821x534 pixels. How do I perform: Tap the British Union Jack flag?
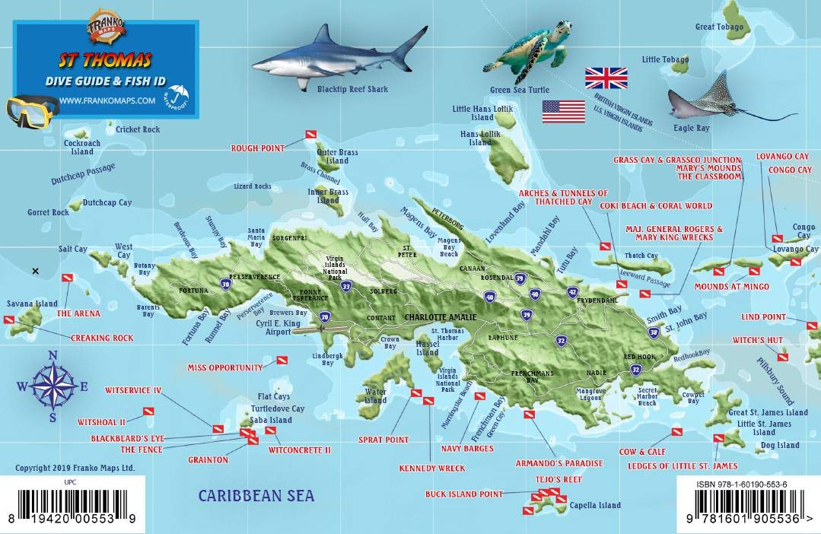point(606,78)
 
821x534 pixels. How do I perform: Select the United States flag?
point(563,111)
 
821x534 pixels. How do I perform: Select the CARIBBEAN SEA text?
point(256,496)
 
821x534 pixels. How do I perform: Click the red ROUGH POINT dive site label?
point(257,148)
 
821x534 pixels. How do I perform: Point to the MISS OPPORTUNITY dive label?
point(225,367)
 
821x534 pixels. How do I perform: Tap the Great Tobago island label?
point(719,27)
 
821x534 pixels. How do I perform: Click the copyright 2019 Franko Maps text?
point(75,467)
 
